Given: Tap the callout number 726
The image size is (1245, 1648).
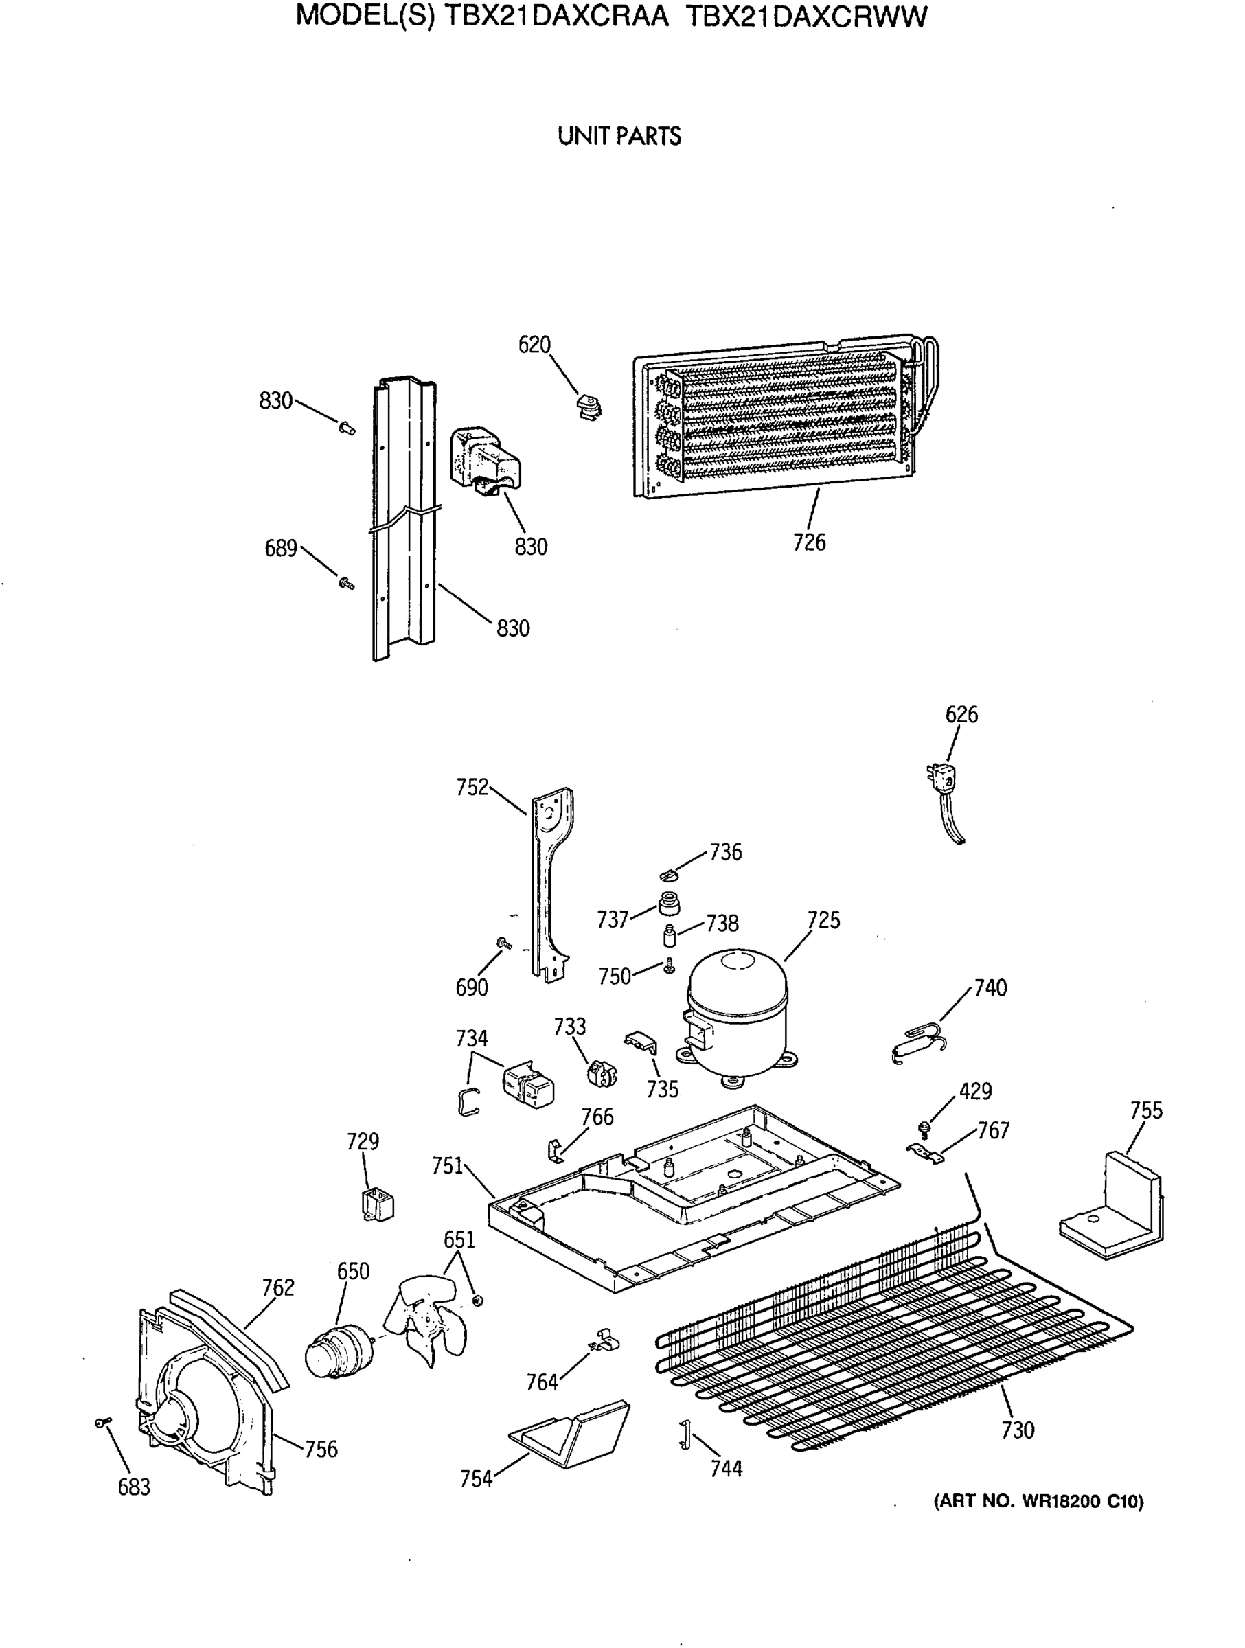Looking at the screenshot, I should pyautogui.click(x=809, y=542).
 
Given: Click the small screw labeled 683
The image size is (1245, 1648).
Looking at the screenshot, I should pyautogui.click(x=103, y=1423).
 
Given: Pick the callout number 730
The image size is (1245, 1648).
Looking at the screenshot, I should pyautogui.click(x=1017, y=1430).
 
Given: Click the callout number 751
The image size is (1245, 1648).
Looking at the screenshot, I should pyautogui.click(x=448, y=1166).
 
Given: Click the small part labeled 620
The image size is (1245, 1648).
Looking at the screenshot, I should pyautogui.click(x=589, y=407).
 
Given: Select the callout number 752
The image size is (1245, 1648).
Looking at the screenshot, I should pyautogui.click(x=472, y=787).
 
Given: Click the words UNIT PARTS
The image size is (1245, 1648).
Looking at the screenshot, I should pyautogui.click(x=619, y=137).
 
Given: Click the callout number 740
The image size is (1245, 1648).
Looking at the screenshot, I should pyautogui.click(x=990, y=988).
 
